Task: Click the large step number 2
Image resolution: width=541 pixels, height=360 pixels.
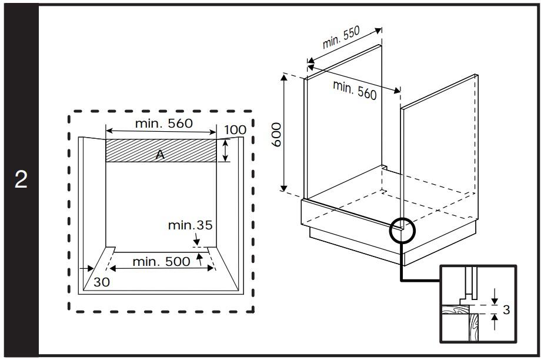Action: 21,179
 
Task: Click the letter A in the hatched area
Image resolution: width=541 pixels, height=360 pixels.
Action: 160,155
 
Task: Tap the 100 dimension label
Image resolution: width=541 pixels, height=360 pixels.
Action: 235,130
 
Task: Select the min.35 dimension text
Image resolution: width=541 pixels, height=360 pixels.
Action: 190,225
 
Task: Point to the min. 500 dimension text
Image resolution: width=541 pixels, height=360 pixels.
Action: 161,261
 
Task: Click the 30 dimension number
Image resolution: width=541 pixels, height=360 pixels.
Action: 101,282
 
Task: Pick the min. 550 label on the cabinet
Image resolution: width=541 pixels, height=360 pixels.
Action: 341,37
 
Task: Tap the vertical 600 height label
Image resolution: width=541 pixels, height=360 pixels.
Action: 277,135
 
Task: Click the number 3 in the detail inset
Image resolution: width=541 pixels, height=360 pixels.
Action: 506,309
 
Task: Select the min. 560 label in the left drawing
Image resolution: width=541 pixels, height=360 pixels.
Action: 164,123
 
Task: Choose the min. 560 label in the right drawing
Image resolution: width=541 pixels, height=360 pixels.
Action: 355,90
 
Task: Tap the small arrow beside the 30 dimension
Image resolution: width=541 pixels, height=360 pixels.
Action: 86,269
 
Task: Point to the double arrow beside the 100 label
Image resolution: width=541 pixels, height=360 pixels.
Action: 225,151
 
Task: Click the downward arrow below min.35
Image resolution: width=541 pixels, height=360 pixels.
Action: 196,239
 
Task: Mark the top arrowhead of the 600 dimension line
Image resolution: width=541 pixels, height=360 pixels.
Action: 283,77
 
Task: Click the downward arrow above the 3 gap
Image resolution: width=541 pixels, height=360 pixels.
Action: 495,296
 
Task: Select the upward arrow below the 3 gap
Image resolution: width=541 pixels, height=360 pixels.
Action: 495,322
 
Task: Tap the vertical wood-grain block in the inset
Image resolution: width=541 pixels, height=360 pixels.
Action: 473,327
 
